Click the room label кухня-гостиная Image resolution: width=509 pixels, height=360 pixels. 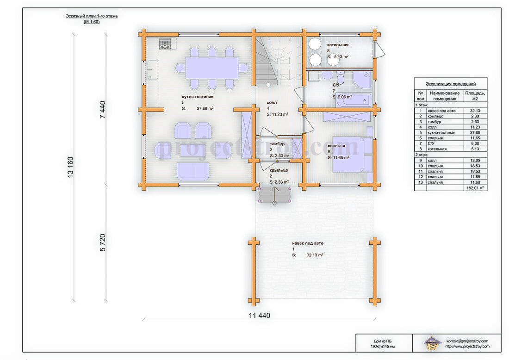click(198, 97)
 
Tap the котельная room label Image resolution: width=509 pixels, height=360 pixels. click(338, 45)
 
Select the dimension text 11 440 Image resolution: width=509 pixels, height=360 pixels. click(260, 316)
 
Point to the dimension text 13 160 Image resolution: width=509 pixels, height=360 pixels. click(70, 167)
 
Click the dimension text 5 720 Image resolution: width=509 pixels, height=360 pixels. click(103, 242)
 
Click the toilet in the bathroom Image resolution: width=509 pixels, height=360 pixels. click(341, 78)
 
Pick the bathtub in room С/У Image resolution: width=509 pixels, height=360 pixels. click(353, 100)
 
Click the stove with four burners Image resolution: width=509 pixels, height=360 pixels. click(165, 44)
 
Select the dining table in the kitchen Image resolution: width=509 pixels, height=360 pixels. click(211, 68)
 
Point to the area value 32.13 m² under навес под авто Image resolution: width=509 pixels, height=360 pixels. click(315, 255)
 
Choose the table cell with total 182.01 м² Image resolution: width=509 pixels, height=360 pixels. click(475, 188)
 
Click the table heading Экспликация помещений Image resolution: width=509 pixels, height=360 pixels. click(451, 84)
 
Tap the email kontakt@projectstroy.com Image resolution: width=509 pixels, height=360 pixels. click(467, 341)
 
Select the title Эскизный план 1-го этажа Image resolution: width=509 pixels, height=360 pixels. click(92, 16)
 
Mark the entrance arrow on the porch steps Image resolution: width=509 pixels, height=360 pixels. click(274, 195)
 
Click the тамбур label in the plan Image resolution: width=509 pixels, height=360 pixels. click(277, 144)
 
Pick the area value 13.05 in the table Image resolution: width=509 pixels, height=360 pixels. click(475, 161)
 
